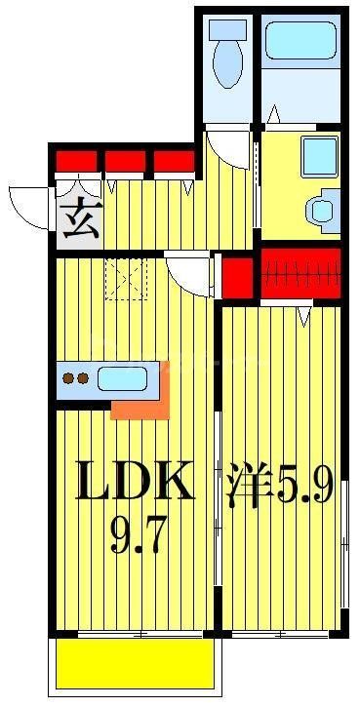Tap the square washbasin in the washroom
(318, 155)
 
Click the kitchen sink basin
(122, 377)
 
